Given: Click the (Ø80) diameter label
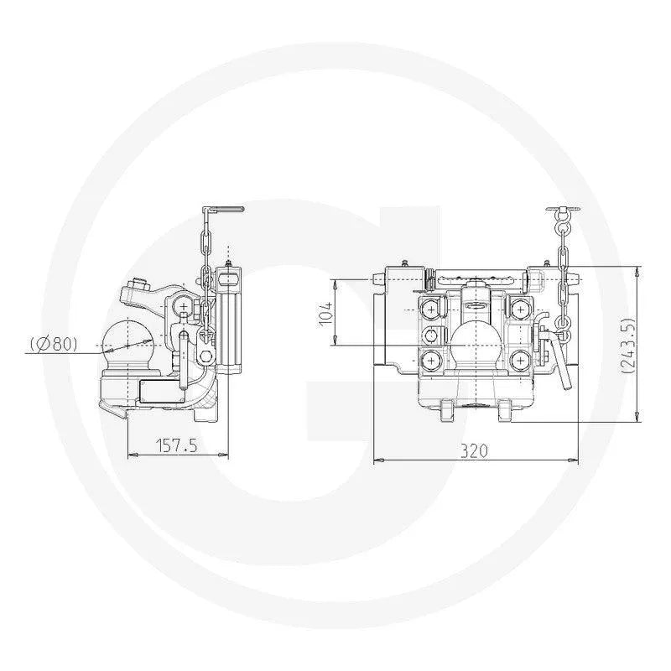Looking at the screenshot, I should click(55, 343).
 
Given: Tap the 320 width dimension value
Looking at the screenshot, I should click(474, 450).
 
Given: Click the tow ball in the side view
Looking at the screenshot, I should click(127, 342).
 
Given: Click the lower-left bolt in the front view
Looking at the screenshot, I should click(430, 361).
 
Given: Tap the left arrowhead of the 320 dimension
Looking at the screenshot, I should click(376, 460).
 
